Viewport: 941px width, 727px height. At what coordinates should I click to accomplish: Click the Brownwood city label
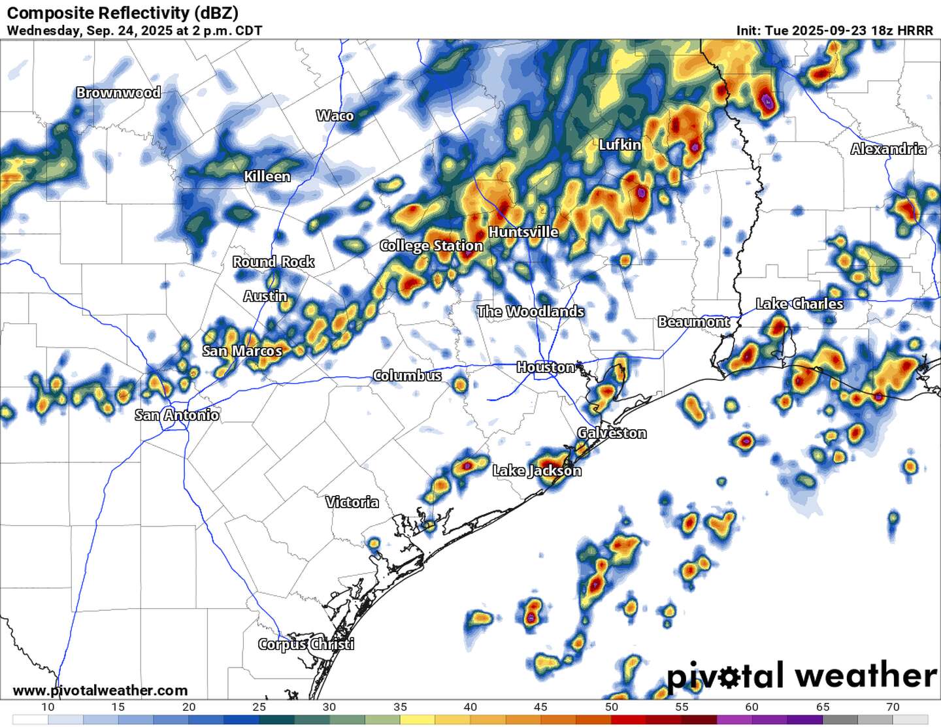(x=118, y=93)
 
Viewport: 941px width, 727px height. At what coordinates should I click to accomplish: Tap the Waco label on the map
(x=335, y=116)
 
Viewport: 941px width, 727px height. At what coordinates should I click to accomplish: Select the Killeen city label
(x=267, y=176)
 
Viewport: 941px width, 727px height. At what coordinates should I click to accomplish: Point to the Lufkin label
(x=619, y=145)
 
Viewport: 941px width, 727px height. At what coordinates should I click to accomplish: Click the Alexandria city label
(x=888, y=149)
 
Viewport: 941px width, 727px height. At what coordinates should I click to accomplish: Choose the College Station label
(x=431, y=246)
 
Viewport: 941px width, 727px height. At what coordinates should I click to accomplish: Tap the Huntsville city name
(x=523, y=232)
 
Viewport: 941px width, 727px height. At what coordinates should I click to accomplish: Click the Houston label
(x=546, y=367)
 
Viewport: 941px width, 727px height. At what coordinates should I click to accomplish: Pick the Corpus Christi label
(x=306, y=644)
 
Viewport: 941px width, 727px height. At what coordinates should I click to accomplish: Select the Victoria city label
(x=352, y=502)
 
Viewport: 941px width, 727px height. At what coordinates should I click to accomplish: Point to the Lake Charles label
(x=799, y=304)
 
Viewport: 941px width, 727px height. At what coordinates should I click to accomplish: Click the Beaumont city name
(x=693, y=322)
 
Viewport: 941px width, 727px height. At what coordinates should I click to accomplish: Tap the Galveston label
(x=612, y=433)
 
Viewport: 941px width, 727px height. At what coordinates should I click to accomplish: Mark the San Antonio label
(x=177, y=415)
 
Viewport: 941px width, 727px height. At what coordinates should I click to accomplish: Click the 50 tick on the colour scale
(x=612, y=707)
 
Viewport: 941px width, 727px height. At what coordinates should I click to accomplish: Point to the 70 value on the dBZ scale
(x=893, y=707)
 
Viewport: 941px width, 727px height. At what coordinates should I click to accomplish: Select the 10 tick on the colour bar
(x=48, y=707)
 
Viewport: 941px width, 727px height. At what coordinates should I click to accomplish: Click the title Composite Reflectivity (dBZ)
(x=122, y=12)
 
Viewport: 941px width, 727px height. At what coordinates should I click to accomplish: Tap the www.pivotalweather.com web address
(x=100, y=690)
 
